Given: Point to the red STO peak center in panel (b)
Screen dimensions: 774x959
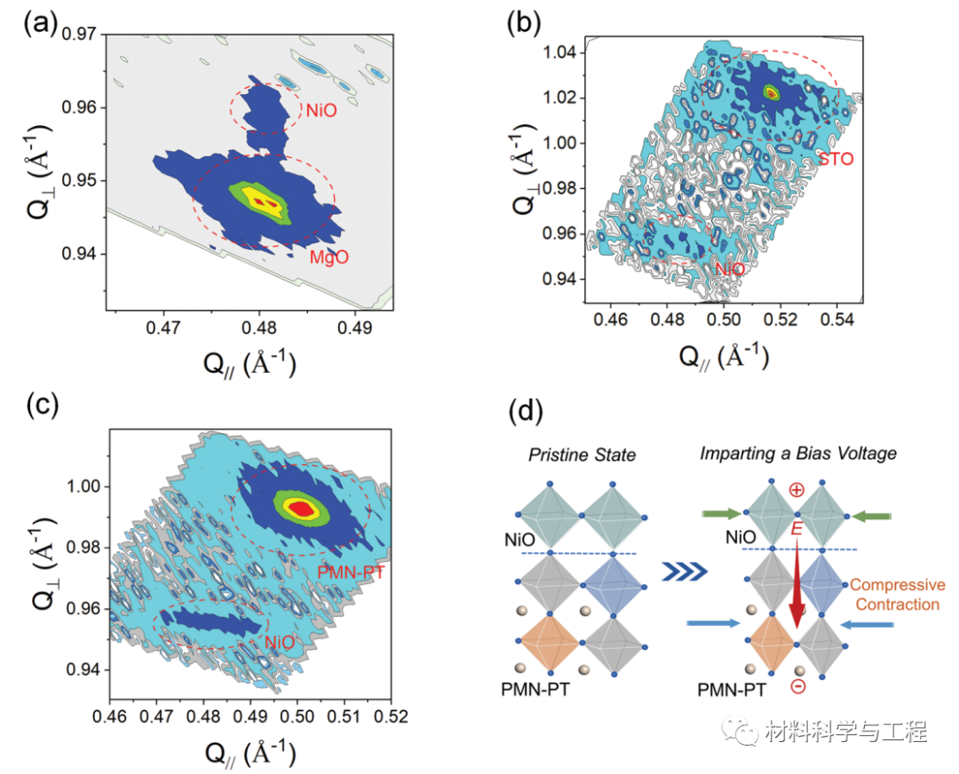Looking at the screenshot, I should coord(772,91).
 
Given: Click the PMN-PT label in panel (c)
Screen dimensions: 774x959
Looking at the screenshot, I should coord(351,573).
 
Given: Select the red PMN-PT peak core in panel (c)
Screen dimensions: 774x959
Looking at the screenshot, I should coord(301,508).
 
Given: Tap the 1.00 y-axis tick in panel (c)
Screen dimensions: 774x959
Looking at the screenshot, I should coord(83,487).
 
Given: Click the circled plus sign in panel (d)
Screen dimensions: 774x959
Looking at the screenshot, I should coord(797,489).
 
